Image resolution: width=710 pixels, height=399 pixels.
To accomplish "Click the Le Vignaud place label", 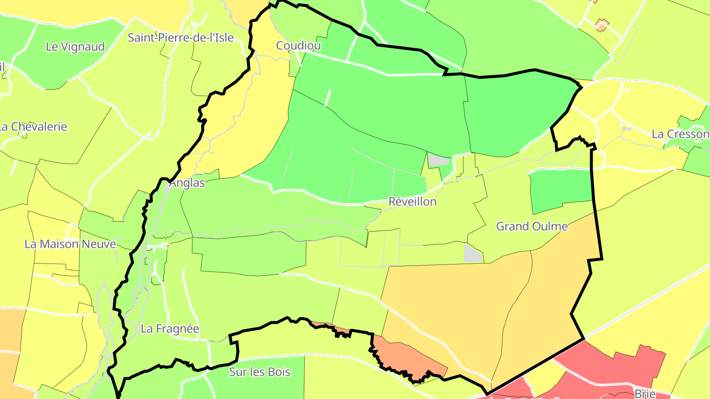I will (75, 47).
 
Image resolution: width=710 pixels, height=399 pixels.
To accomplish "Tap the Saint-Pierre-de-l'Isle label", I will (180, 37).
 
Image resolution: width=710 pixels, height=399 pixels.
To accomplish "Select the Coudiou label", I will (298, 46).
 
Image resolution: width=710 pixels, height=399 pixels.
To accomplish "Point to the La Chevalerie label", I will (34, 127).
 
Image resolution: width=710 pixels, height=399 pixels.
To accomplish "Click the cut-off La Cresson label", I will (680, 134).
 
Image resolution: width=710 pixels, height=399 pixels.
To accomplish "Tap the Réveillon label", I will (413, 201).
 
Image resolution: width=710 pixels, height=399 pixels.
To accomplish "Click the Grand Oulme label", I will (532, 227).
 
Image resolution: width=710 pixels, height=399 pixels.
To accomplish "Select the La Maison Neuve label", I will (70, 244).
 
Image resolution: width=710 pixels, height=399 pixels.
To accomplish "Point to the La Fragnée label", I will (170, 329).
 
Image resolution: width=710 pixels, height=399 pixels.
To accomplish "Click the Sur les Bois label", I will (260, 372).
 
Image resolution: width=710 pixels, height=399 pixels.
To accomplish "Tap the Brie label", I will (645, 394).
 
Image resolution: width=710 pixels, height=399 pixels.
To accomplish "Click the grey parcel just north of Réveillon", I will (438, 160).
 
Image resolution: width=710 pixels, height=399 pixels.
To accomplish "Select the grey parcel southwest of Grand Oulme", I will (473, 253).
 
